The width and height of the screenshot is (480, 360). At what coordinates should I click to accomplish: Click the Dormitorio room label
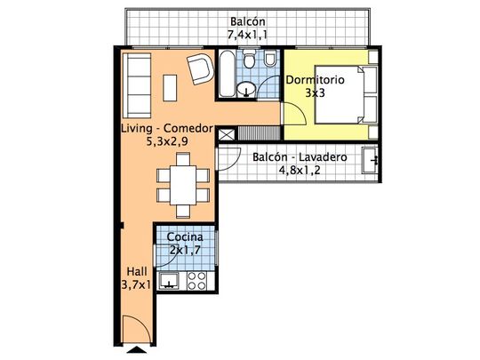pyautogui.click(x=315, y=80)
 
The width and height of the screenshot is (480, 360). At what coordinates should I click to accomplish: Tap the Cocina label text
pyautogui.click(x=185, y=237)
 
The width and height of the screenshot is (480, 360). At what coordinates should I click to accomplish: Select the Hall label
pyautogui.click(x=137, y=271)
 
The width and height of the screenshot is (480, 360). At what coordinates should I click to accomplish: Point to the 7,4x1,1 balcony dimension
pyautogui.click(x=247, y=35)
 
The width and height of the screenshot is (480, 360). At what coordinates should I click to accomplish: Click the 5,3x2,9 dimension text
pyautogui.click(x=167, y=141)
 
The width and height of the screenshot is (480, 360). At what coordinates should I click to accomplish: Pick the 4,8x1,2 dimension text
pyautogui.click(x=300, y=170)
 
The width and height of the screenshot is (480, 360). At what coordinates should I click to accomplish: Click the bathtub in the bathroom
pyautogui.click(x=228, y=74)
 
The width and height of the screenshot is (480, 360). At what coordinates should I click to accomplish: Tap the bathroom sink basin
pyautogui.click(x=246, y=89)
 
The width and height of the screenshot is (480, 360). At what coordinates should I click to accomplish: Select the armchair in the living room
pyautogui.click(x=201, y=68)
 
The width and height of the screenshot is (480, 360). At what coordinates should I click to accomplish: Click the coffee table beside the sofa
pyautogui.click(x=170, y=88)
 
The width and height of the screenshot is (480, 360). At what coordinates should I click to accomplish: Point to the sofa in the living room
pyautogui.click(x=137, y=85)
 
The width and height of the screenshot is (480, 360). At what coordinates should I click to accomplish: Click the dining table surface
pyautogui.click(x=183, y=185)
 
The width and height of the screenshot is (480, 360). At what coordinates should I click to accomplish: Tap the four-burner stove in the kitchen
pyautogui.click(x=196, y=281)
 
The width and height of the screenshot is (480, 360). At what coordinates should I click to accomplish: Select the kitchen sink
pyautogui.click(x=169, y=281)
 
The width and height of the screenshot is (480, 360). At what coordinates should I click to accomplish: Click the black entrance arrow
pyautogui.click(x=137, y=349)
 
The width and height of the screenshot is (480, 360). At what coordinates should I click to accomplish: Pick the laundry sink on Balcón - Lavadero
pyautogui.click(x=370, y=160)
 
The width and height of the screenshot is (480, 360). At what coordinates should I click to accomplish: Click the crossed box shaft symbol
pyautogui.click(x=227, y=134)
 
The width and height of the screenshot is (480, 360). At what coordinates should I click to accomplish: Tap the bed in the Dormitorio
pyautogui.click(x=347, y=95)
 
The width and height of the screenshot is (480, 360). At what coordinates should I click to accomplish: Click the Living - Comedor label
pyautogui.click(x=167, y=128)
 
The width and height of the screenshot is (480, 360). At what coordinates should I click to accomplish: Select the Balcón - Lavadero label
pyautogui.click(x=300, y=157)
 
